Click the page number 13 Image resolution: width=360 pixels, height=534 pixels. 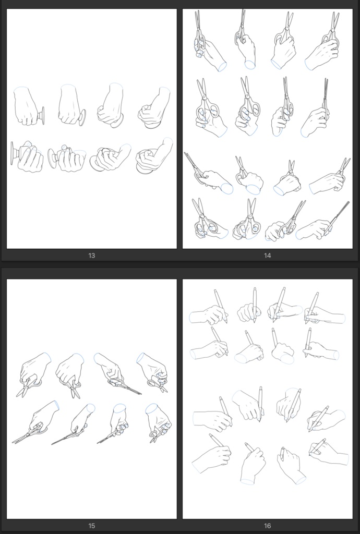tap(91, 256)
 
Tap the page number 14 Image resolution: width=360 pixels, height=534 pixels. tap(267, 256)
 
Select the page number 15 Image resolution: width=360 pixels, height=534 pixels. tap(91, 526)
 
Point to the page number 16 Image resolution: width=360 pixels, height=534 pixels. tap(267, 526)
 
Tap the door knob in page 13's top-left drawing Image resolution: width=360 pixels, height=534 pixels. tap(41, 116)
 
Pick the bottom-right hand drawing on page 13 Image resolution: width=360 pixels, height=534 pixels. tap(154, 155)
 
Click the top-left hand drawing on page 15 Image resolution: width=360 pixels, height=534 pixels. tap(34, 374)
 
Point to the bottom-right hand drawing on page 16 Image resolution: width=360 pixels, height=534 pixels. tap(328, 452)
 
